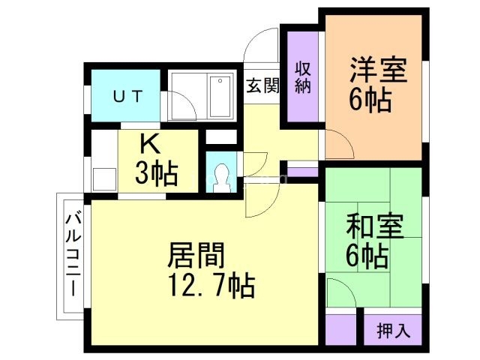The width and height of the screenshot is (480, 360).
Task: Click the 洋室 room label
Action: [377, 70]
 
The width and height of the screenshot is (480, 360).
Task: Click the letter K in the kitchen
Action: [148, 145]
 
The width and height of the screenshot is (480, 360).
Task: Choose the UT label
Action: [125, 96]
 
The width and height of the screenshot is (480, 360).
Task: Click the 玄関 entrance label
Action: [262, 85]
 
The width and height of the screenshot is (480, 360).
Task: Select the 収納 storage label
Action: [302, 76]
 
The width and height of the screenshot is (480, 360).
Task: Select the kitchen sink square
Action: [103, 179]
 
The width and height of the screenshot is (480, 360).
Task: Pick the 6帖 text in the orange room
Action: [370, 100]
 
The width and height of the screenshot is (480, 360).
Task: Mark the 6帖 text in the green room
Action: [367, 256]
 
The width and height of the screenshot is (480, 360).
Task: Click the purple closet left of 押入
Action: [340, 330]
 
